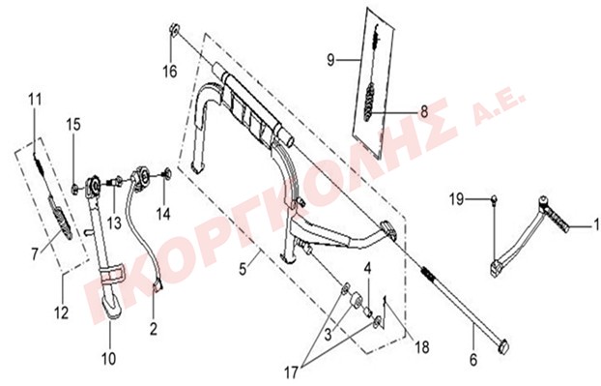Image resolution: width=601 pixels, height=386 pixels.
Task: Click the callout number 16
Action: tap(170, 72)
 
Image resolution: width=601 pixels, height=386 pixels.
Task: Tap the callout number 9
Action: tap(330, 60)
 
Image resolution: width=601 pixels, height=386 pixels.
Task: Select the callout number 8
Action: tap(424, 112)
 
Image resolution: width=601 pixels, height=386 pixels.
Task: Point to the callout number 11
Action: tap(35, 100)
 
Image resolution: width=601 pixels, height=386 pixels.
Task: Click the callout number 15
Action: tap(73, 125)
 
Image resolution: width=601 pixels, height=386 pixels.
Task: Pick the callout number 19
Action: tap(456, 199)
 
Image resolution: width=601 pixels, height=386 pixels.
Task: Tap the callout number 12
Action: tap(61, 313)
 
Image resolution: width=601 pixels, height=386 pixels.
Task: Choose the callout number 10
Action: tap(108, 359)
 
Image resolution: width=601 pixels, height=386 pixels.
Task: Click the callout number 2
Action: tap(154, 329)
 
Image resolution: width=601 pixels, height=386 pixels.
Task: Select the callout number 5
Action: tap(243, 269)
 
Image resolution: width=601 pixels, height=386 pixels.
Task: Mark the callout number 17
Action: tap(291, 372)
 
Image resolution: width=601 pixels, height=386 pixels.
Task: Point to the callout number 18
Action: tap(421, 347)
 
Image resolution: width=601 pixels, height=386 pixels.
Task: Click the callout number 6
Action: tap(473, 360)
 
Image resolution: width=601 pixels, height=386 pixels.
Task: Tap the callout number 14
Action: tap(163, 214)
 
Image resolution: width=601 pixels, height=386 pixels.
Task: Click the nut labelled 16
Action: tap(174, 30)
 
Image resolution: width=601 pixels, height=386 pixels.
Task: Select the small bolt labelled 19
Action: tap(495, 198)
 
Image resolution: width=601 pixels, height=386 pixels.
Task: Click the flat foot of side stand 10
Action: tap(112, 307)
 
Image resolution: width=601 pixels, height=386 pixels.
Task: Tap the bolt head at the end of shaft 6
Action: tap(503, 346)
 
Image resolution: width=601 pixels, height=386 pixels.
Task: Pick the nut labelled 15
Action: tap(75, 188)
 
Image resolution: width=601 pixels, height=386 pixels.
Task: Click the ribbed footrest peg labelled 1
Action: tap(556, 219)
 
